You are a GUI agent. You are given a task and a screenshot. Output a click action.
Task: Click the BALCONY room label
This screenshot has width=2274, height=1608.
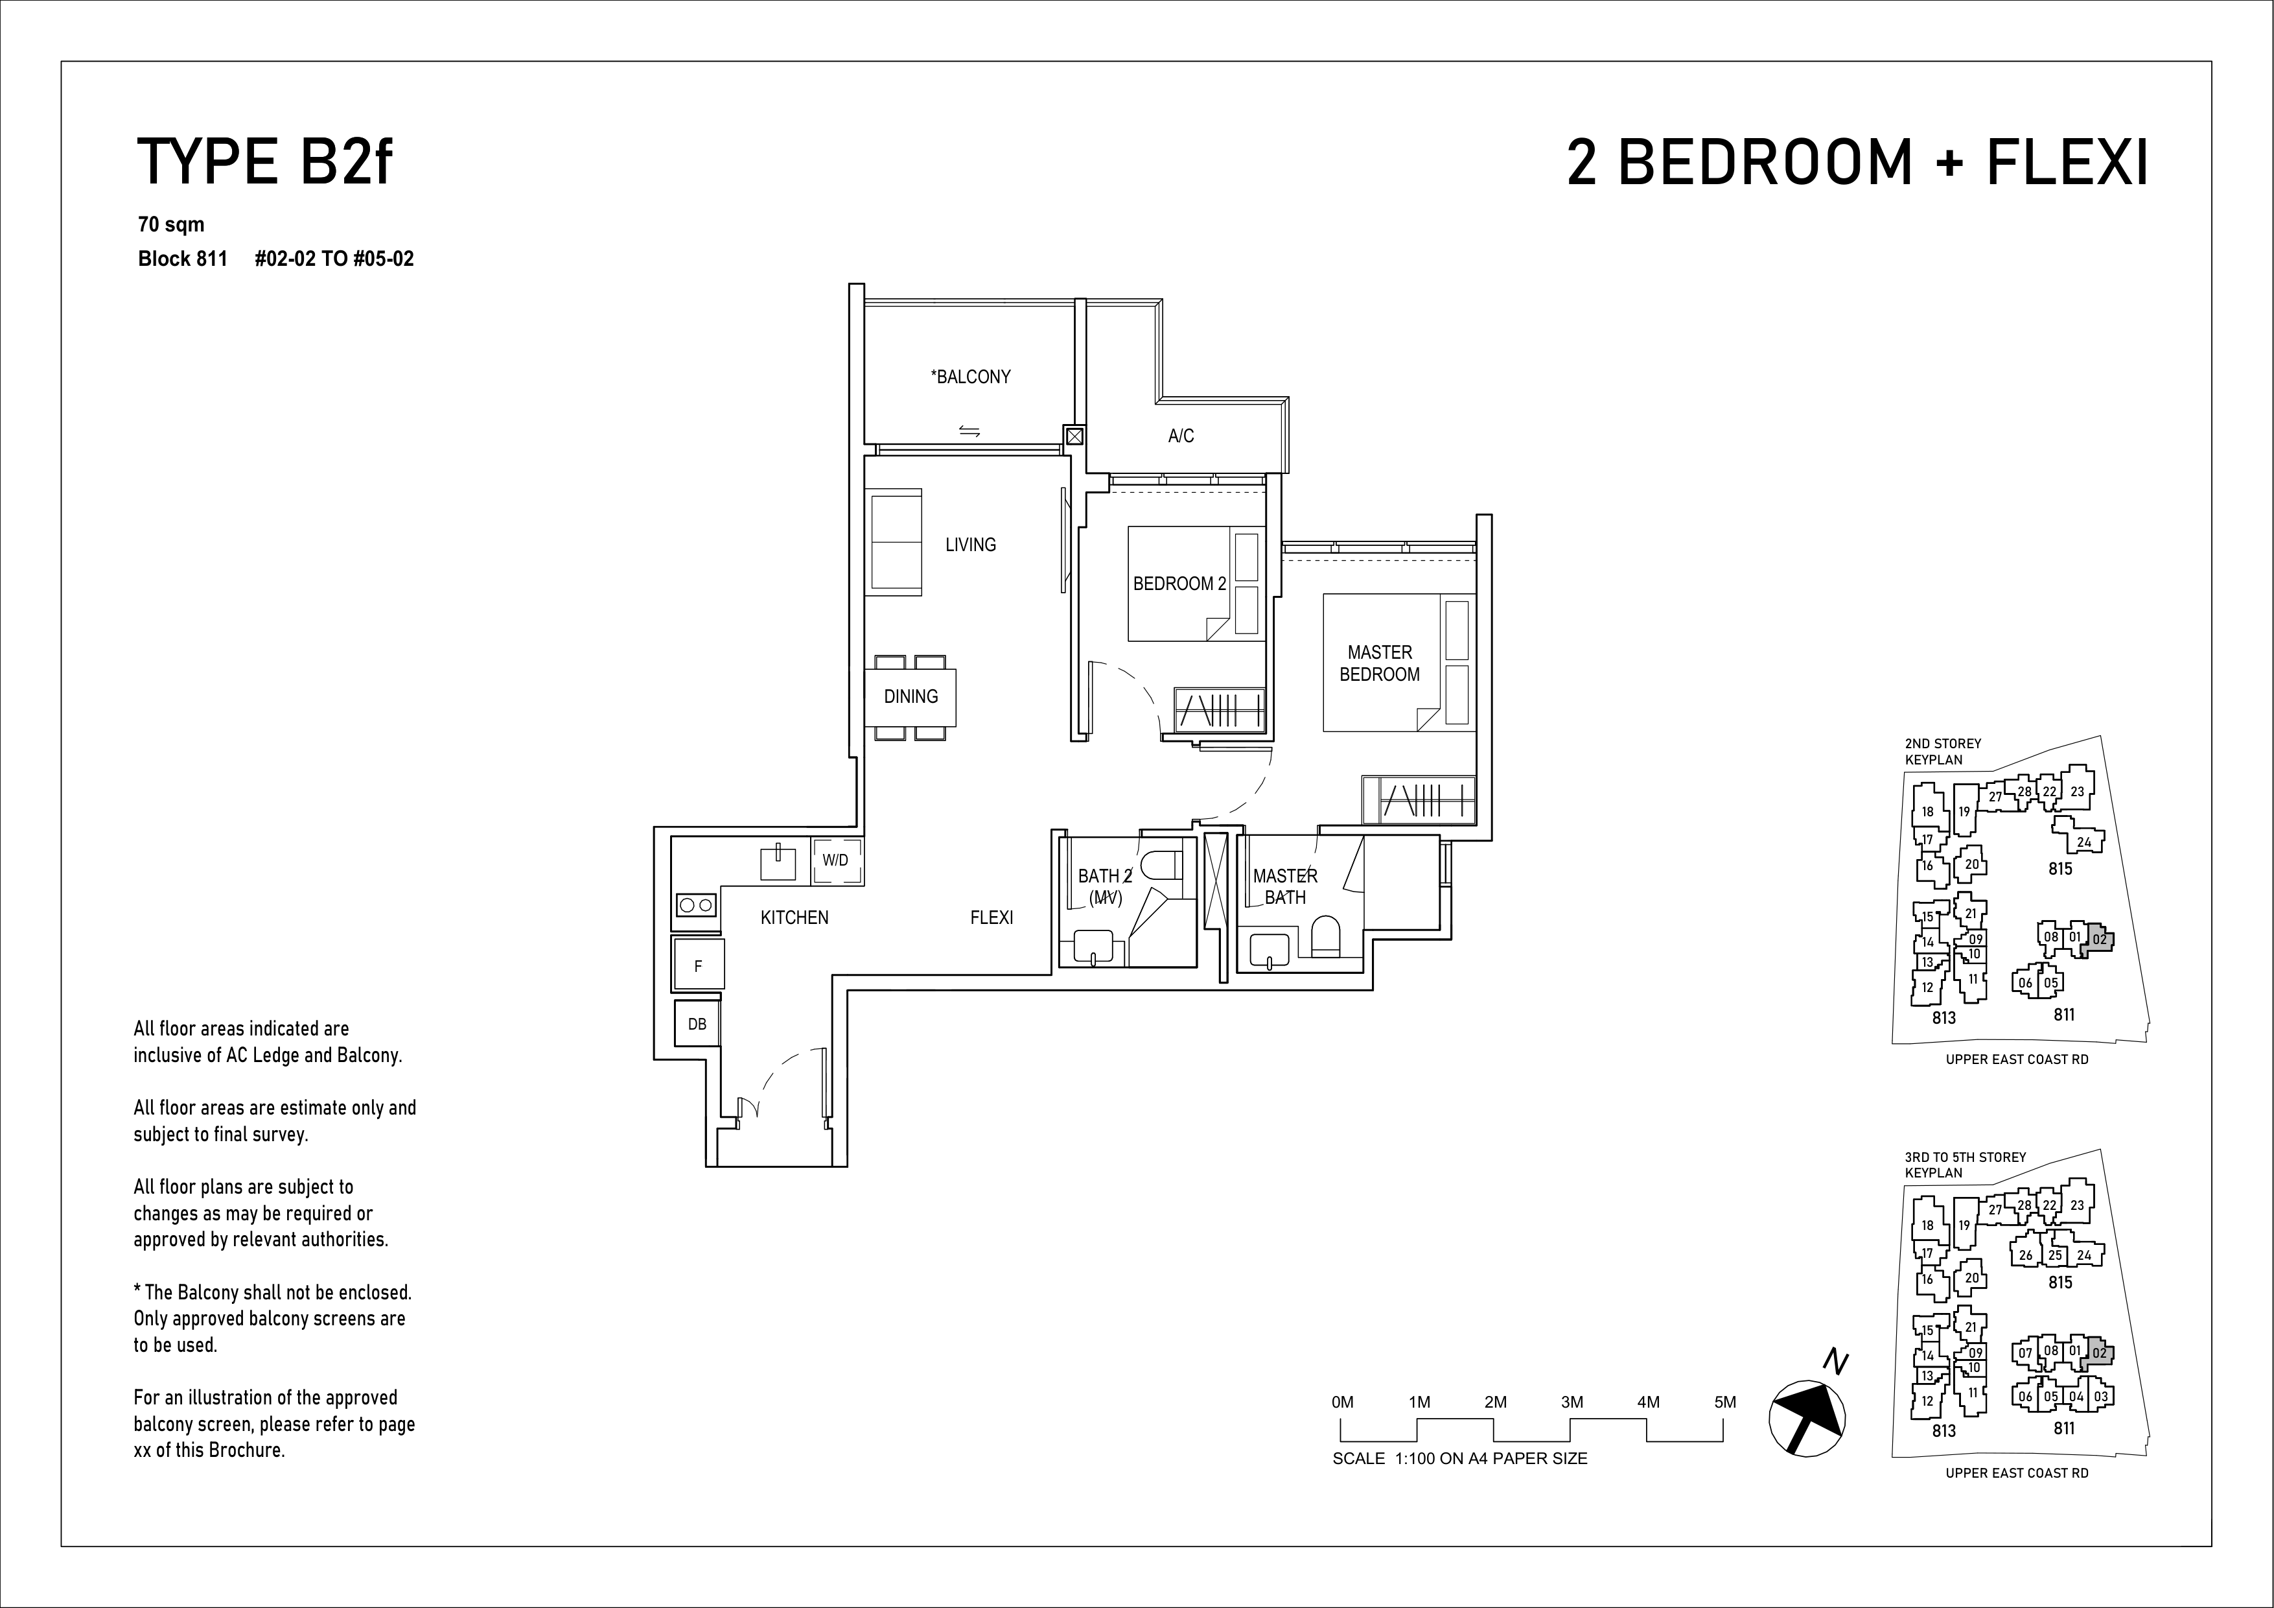971,377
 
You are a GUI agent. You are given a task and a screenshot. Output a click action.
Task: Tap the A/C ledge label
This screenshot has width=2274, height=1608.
1181,436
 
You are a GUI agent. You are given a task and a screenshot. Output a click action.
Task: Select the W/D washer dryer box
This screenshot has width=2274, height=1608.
836,860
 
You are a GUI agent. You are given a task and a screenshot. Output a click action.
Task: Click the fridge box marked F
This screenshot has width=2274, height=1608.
698,965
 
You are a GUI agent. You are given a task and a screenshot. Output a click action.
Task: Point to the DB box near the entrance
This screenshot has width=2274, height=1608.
697,1023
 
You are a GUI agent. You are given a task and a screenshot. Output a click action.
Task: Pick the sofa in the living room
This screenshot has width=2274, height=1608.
896,542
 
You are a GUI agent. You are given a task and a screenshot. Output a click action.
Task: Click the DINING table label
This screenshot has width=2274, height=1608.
911,696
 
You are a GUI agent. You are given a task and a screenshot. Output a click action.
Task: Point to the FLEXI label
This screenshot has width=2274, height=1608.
992,917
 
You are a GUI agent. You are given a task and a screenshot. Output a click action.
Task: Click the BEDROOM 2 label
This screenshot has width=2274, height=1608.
1179,584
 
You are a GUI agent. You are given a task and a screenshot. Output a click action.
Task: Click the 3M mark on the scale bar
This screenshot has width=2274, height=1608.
1572,1402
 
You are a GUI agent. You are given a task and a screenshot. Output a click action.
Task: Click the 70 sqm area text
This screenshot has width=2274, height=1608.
171,225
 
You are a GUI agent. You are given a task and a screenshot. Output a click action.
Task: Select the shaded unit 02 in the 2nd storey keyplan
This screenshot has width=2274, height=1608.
2098,940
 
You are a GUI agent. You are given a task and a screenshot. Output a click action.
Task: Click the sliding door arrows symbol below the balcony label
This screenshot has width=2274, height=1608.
969,431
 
